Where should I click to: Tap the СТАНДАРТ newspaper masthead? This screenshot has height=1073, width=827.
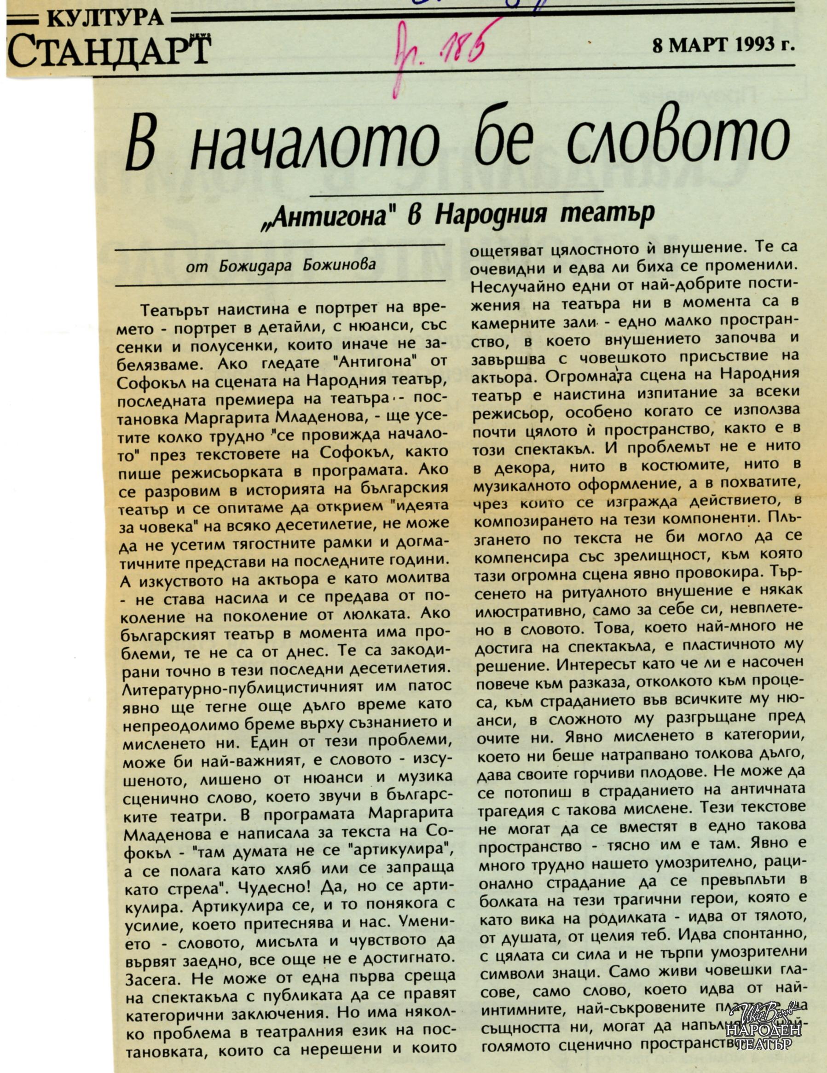click(109, 52)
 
